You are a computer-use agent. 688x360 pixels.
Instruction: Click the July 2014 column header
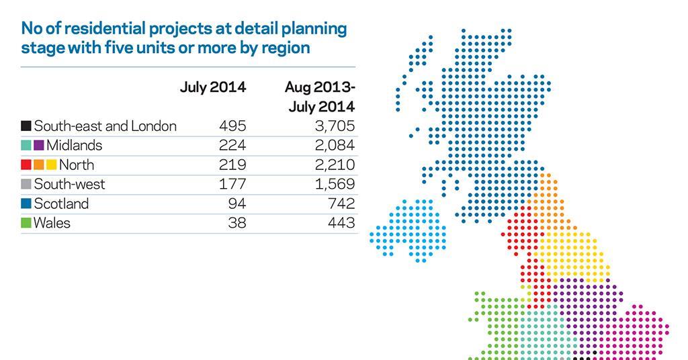(x=212, y=87)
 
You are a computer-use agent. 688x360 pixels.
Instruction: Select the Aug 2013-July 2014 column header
(x=320, y=97)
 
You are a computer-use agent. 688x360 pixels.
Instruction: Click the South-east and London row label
(x=105, y=126)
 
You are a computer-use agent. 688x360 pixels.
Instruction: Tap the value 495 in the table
(x=232, y=126)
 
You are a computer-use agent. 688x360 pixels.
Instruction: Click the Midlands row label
(x=74, y=145)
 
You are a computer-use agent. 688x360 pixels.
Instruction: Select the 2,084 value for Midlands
(x=335, y=145)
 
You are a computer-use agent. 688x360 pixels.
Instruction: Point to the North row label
(x=76, y=165)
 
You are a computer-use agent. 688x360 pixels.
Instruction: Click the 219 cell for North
(x=232, y=165)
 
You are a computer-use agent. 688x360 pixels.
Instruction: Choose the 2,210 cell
(x=335, y=165)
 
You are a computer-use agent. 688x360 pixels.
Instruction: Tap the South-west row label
(x=69, y=184)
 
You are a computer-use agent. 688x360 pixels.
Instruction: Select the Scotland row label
(x=61, y=204)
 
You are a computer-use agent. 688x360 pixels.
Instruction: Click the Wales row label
(x=52, y=223)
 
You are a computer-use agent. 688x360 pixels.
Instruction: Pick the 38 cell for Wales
(x=237, y=223)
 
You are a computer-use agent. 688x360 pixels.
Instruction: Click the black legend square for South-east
(x=26, y=126)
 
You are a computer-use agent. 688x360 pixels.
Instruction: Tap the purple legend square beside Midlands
(x=39, y=146)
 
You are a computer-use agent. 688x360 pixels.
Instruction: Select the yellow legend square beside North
(x=51, y=165)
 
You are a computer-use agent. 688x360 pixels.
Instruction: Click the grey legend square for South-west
(x=26, y=185)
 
